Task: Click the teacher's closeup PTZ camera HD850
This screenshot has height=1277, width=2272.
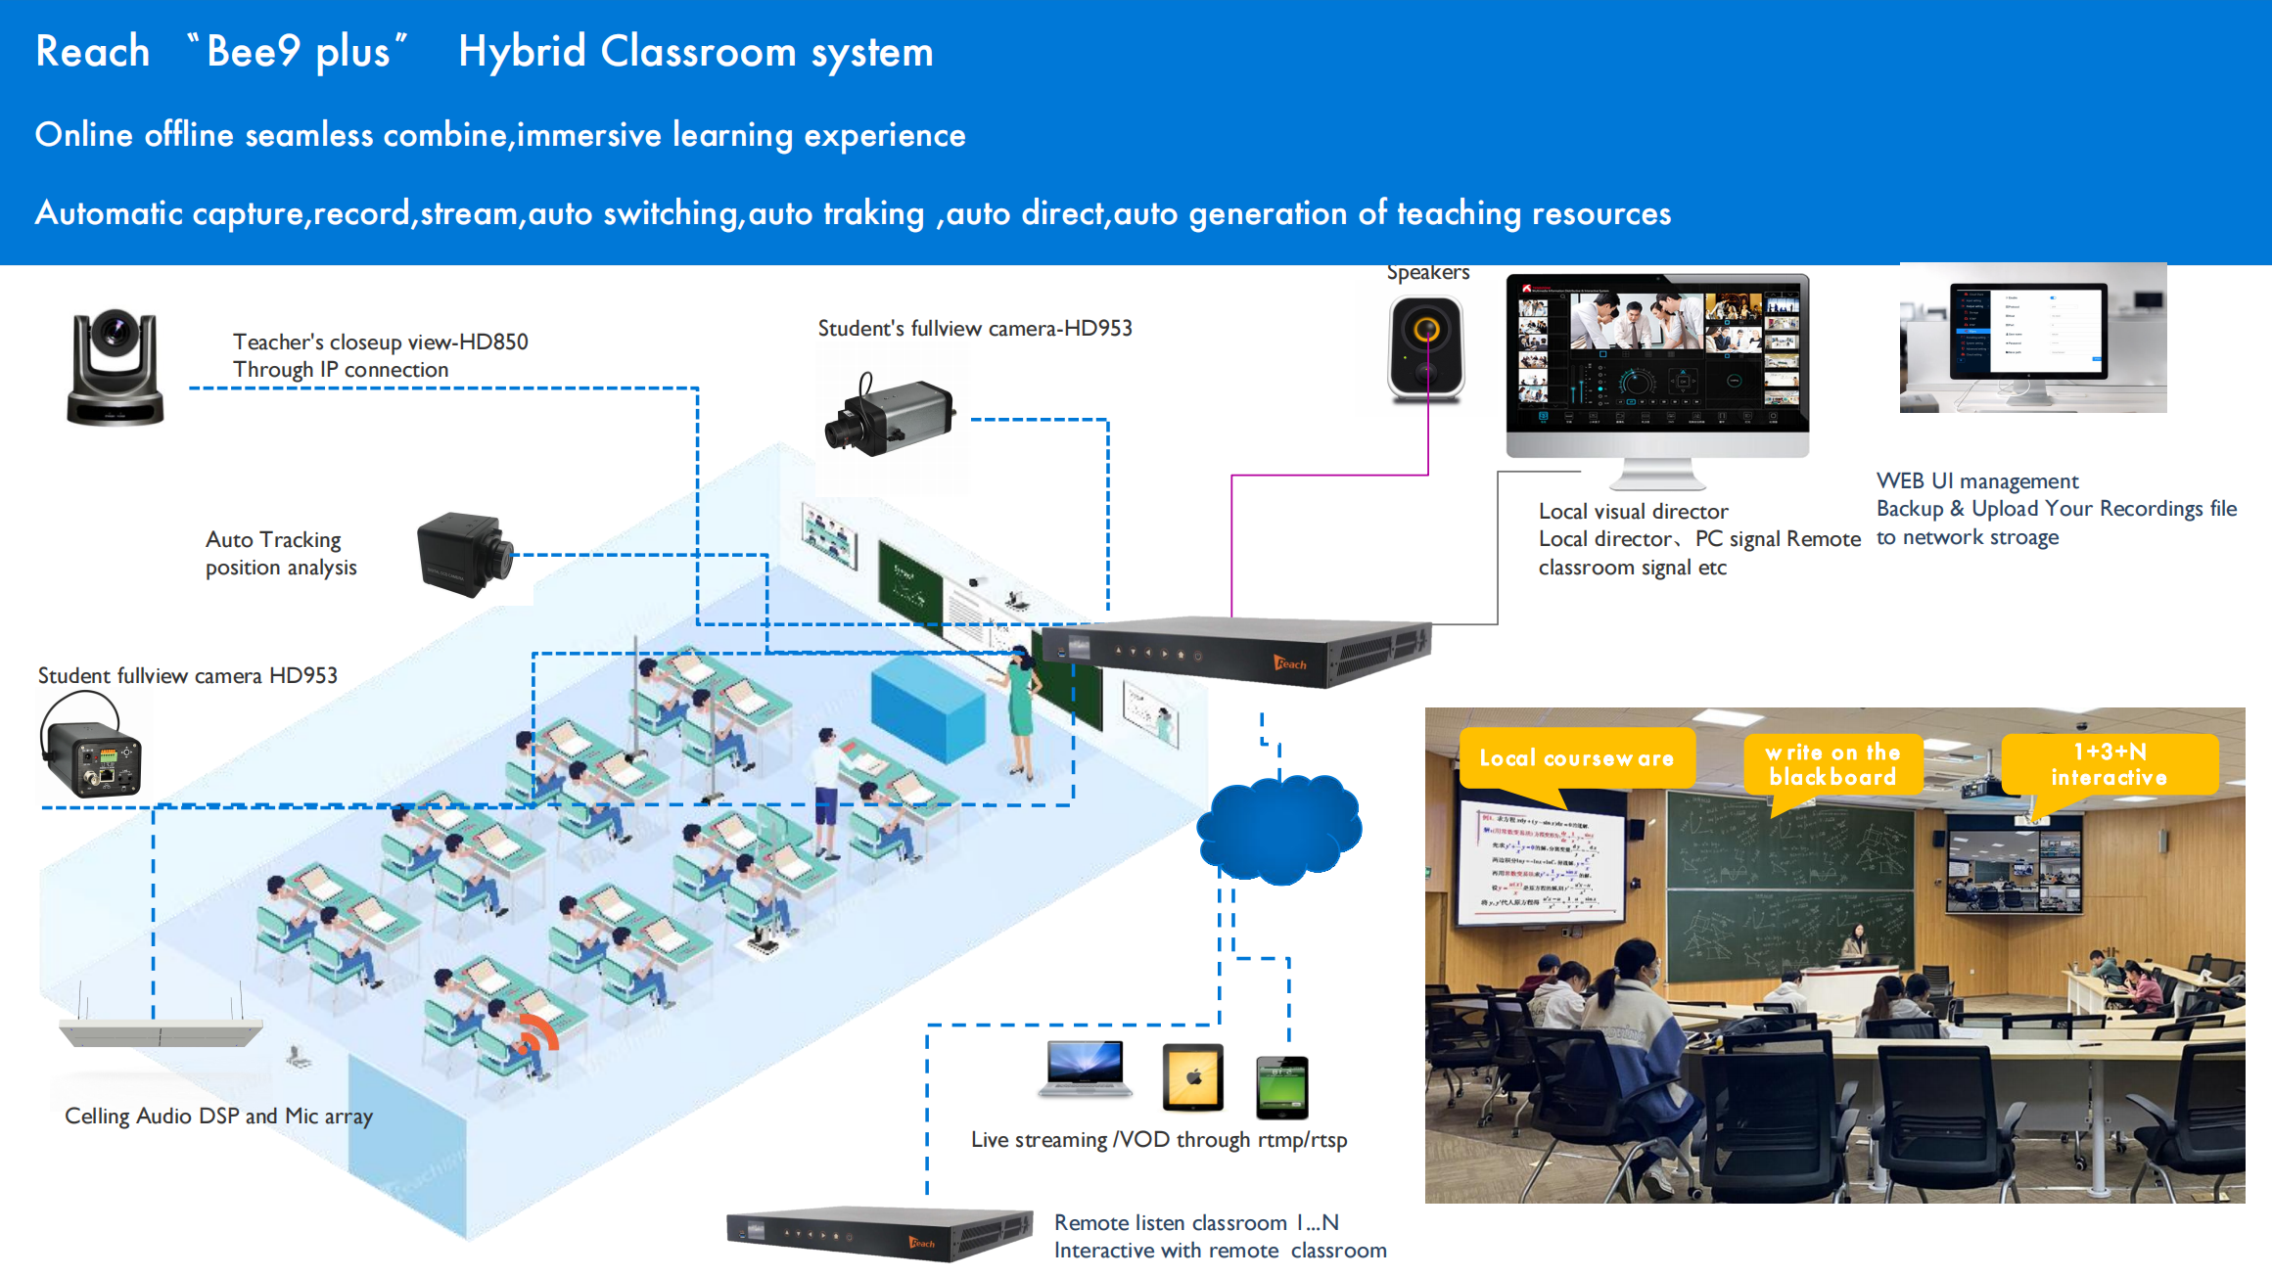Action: (x=115, y=367)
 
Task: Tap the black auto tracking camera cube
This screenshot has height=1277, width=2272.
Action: (x=462, y=553)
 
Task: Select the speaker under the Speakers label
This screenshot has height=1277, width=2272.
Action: (x=1426, y=348)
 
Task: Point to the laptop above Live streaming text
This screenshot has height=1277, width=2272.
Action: (x=1085, y=1069)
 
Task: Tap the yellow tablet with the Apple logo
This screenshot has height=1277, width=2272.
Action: (x=1192, y=1077)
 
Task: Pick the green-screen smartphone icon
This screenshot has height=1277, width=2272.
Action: (x=1281, y=1086)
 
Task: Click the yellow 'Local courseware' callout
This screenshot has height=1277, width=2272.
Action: (x=1576, y=758)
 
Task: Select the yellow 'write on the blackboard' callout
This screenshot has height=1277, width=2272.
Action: (x=1832, y=764)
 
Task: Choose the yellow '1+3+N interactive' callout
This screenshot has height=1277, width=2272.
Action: (x=2109, y=764)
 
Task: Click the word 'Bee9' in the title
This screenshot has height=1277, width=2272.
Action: (x=253, y=52)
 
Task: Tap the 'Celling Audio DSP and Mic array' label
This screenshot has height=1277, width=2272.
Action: (x=218, y=1117)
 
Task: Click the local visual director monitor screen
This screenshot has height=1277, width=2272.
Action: (x=1657, y=354)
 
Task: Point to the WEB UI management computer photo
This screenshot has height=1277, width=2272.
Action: (x=2032, y=338)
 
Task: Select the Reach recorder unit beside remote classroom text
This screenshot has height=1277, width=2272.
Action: (x=878, y=1234)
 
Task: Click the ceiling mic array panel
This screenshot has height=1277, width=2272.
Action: (x=161, y=1031)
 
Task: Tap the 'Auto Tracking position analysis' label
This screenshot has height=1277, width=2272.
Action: (x=280, y=554)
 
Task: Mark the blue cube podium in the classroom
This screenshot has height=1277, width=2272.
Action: (x=927, y=709)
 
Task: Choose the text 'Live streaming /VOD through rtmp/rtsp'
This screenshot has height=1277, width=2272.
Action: (x=1159, y=1140)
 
